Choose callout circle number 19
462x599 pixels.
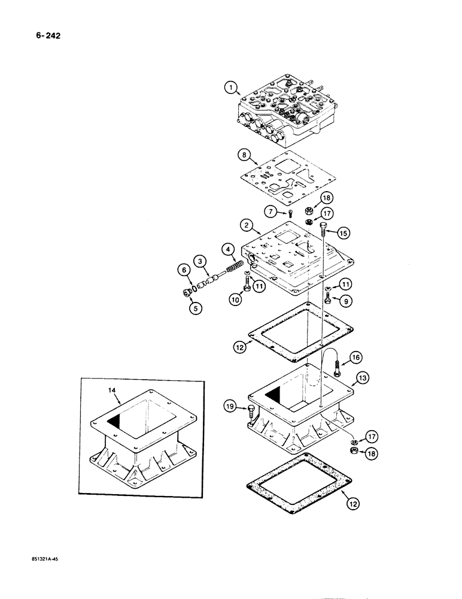point(231,407)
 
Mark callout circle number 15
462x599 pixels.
point(342,232)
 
